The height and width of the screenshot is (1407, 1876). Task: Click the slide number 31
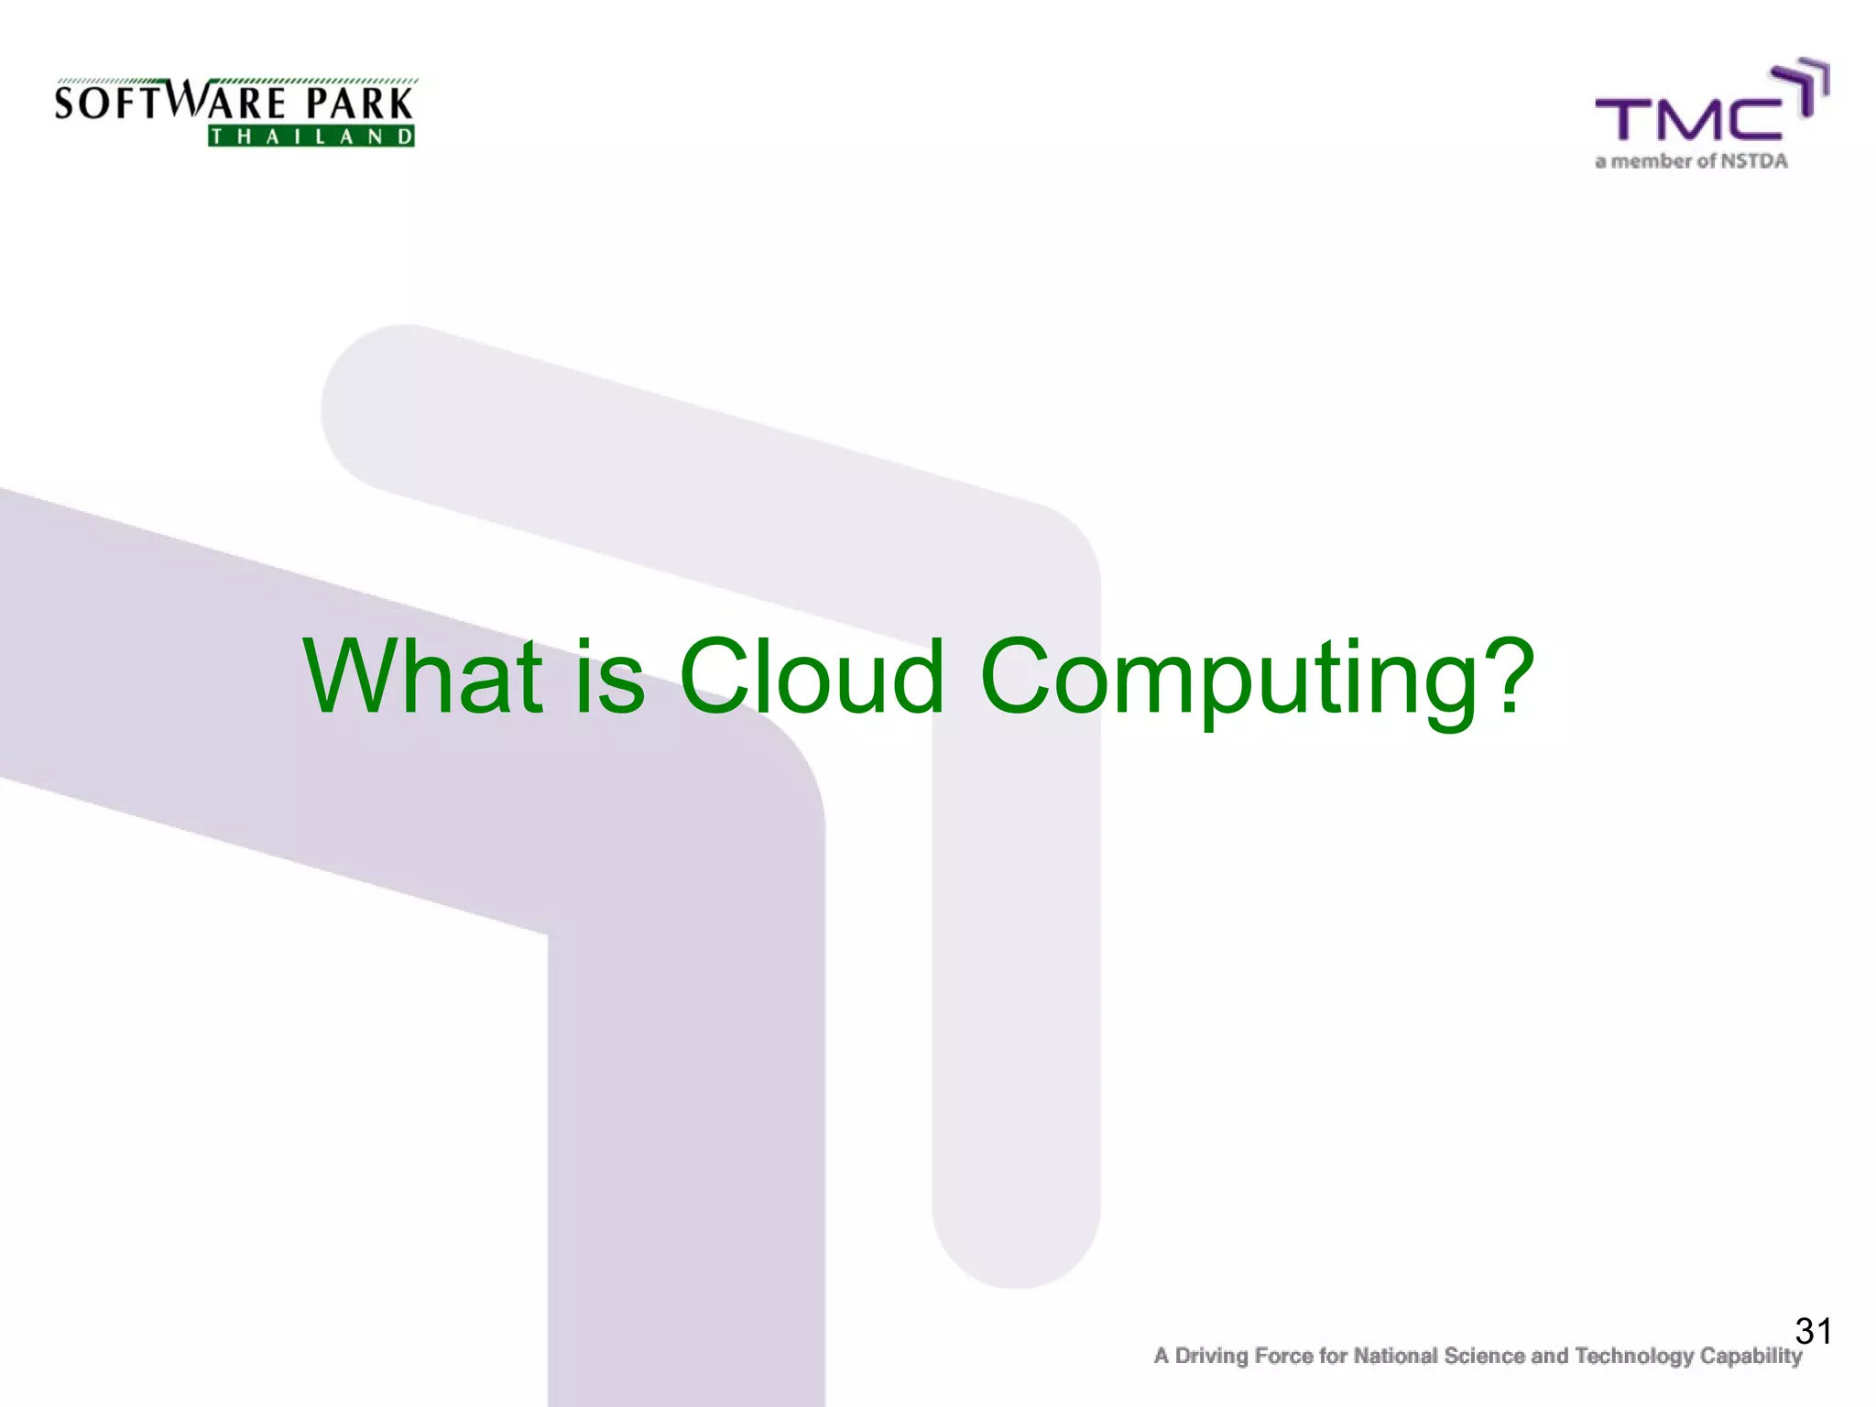click(x=1813, y=1331)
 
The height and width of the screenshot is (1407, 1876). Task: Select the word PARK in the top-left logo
click(x=359, y=103)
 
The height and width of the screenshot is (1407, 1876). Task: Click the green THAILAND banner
click(x=311, y=136)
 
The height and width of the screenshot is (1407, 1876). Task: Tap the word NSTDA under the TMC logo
click(x=1753, y=161)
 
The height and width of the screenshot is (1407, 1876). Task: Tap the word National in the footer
click(x=1395, y=1356)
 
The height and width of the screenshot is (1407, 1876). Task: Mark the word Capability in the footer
click(x=1751, y=1357)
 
